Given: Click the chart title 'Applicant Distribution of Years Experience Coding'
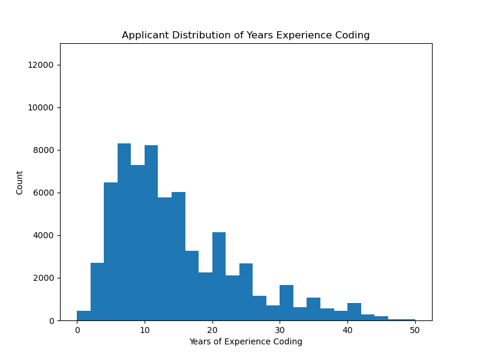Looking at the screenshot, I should coord(245,35).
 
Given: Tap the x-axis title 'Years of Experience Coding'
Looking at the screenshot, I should coord(245,341).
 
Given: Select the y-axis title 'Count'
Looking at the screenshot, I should coord(20,182).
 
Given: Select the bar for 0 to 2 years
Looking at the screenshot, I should coord(83,316).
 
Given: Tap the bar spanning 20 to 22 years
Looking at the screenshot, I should coord(219,277).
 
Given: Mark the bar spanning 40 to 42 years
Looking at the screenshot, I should coord(354,312).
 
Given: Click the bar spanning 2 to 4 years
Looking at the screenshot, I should coord(97,292).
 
